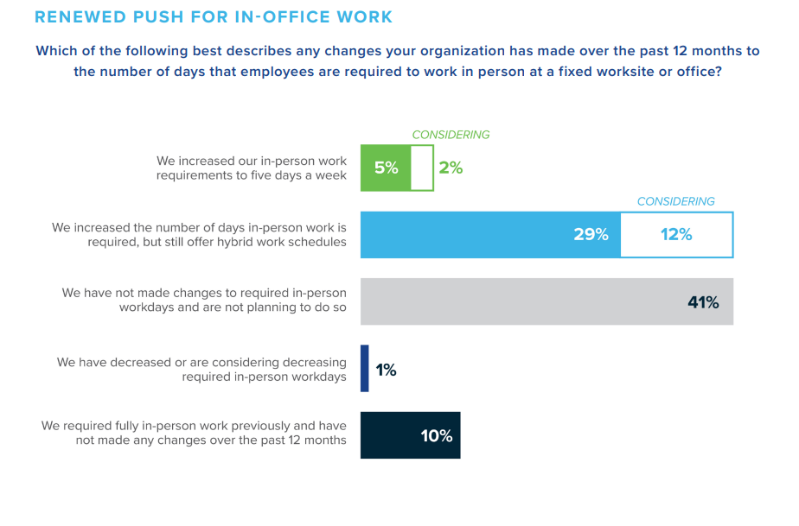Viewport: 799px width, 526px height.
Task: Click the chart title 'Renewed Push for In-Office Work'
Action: (x=213, y=17)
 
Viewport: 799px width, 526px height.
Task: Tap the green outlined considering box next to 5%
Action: (x=422, y=168)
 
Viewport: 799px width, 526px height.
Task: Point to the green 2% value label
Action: (x=451, y=168)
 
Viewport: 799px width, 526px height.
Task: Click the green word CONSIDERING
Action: (x=451, y=135)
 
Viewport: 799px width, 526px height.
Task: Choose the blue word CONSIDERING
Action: (x=675, y=201)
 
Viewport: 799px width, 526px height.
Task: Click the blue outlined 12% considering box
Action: (x=676, y=234)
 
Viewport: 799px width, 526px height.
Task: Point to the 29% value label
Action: (x=591, y=234)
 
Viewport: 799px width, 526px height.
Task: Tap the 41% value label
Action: (x=701, y=302)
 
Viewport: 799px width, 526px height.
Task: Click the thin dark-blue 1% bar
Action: (x=364, y=369)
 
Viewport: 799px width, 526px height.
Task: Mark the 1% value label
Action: (x=386, y=370)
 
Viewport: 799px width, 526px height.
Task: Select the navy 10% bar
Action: (x=410, y=435)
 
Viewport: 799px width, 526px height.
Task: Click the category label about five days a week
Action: (x=251, y=168)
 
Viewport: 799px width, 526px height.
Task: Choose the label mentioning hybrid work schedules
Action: (x=199, y=235)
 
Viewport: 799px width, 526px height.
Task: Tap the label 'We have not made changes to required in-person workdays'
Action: (x=204, y=301)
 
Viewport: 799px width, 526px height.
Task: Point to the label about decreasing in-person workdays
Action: (x=201, y=369)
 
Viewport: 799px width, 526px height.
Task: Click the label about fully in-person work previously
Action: (x=194, y=433)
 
